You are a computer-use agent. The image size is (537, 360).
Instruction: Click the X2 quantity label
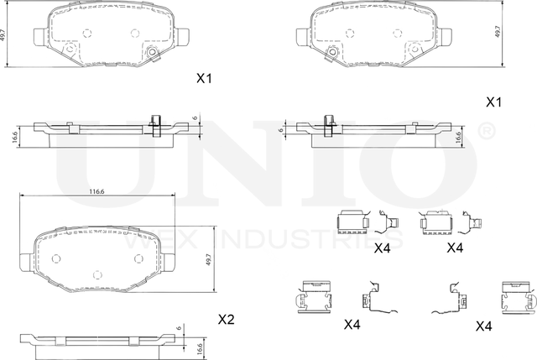coord(226,319)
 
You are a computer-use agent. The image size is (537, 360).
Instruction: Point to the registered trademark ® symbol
coord(484,132)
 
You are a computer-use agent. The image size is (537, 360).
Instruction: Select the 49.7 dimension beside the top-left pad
coord(5,34)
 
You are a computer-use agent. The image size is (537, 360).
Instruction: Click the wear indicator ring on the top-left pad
coord(153,55)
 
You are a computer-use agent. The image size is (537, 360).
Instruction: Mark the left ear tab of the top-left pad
coord(38,36)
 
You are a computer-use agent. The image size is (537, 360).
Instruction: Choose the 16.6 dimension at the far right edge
coord(458,136)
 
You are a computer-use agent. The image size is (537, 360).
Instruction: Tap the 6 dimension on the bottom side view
coord(178,328)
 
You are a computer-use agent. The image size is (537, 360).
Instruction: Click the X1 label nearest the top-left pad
coord(204,79)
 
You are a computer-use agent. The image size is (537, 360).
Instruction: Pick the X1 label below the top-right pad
coord(493,102)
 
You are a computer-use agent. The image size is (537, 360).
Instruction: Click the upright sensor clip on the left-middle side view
coord(154,123)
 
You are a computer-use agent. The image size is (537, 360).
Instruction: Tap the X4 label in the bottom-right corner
coord(483,325)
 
